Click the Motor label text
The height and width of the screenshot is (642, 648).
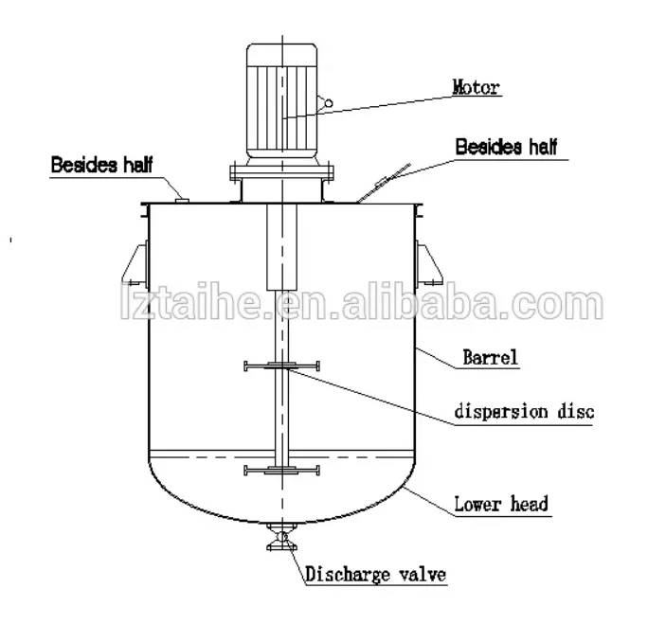(476, 89)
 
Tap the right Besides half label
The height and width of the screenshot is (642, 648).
(507, 147)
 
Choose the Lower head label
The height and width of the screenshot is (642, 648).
(502, 505)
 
